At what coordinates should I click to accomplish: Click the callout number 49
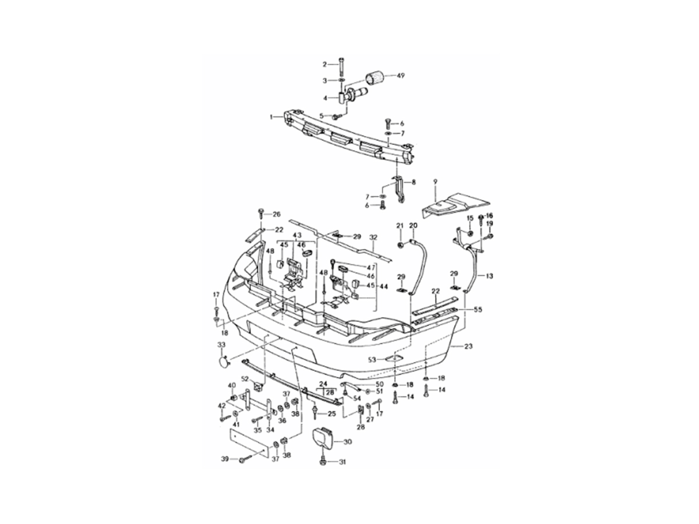point(400,76)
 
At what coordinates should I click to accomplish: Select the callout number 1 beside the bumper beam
point(271,117)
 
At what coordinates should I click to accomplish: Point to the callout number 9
point(435,182)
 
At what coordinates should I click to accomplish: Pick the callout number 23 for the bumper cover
point(468,346)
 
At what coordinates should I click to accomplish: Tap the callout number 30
point(348,442)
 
